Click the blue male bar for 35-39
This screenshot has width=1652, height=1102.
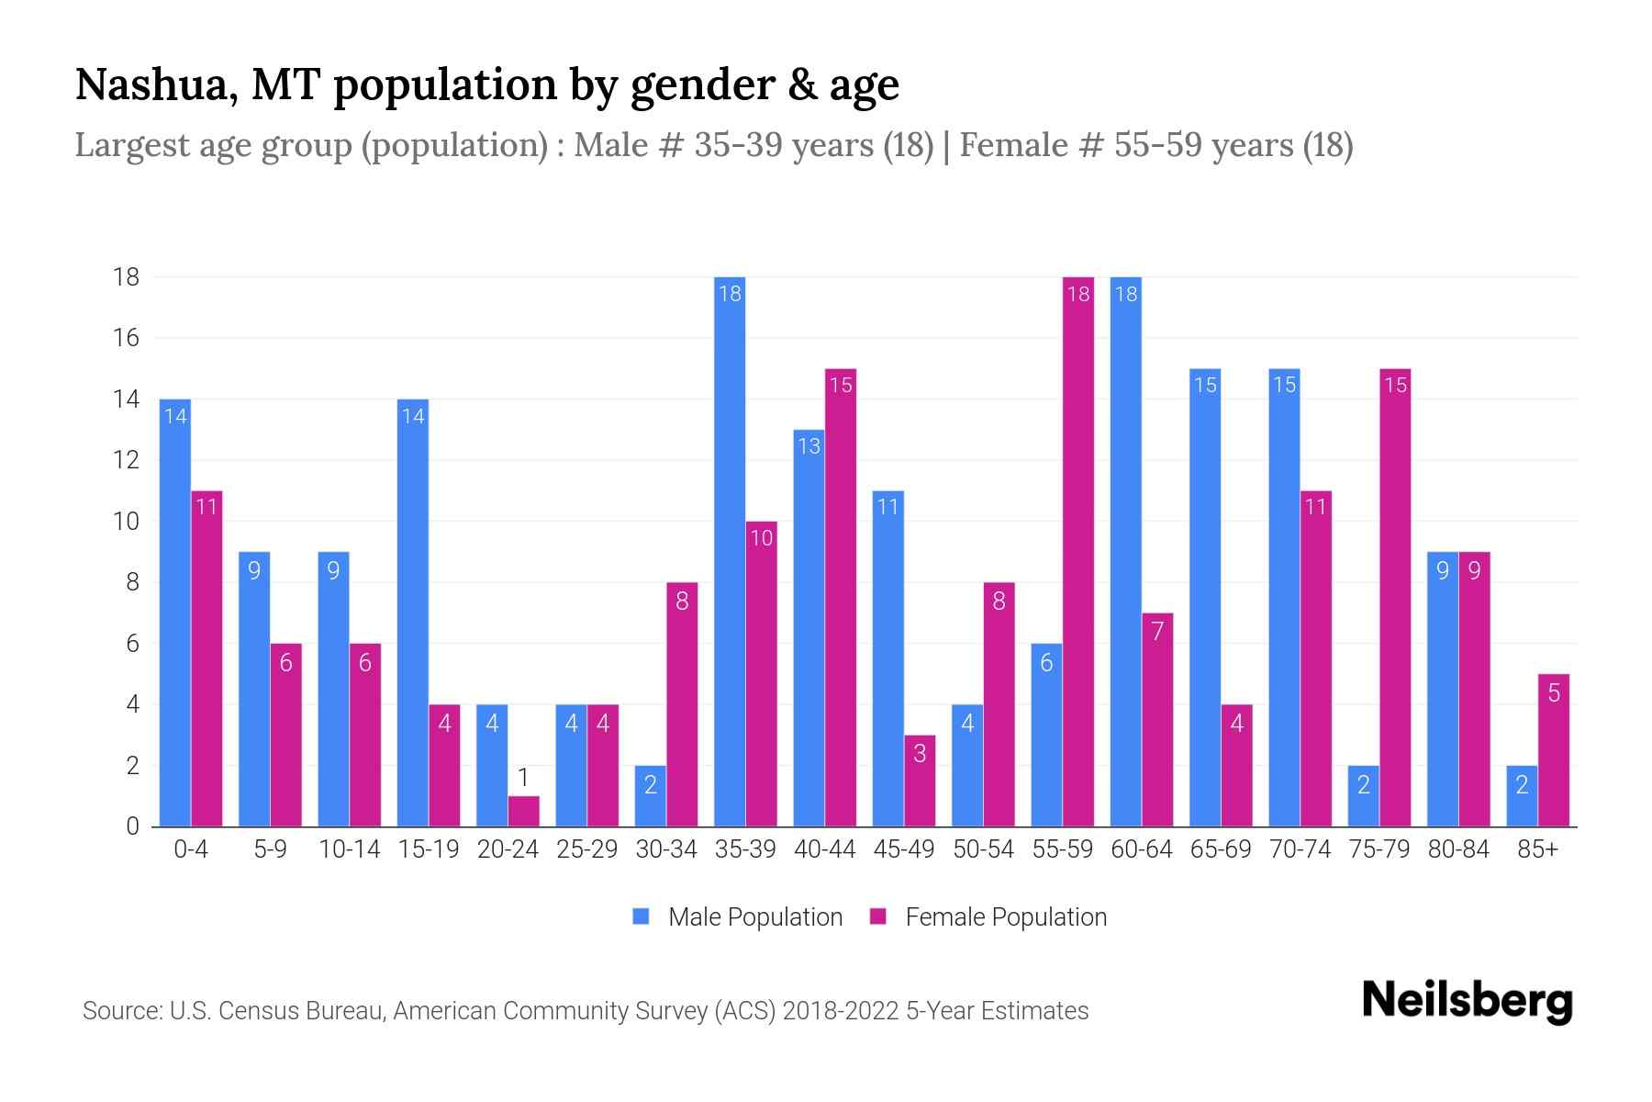tap(730, 551)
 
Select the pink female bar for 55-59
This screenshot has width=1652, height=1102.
tap(1078, 551)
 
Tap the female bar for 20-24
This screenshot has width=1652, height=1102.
tap(523, 811)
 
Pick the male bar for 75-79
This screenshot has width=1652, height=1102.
tap(1364, 796)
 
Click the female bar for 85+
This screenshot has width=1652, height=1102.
tap(1554, 750)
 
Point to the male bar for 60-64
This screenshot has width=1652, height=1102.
tap(1126, 551)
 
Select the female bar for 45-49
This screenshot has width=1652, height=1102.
tap(920, 781)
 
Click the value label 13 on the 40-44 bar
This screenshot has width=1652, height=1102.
tap(809, 446)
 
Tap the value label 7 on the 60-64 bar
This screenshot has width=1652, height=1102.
tap(1157, 632)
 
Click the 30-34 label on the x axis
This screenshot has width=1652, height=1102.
tap(666, 849)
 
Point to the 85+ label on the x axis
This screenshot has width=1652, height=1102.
tap(1537, 849)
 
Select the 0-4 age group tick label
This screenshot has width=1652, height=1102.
tap(191, 849)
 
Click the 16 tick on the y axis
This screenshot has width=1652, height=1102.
tap(126, 338)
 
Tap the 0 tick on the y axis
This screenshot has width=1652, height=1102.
tap(132, 826)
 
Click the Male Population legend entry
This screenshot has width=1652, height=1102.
tap(738, 916)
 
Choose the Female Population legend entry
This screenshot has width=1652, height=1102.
tap(988, 916)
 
